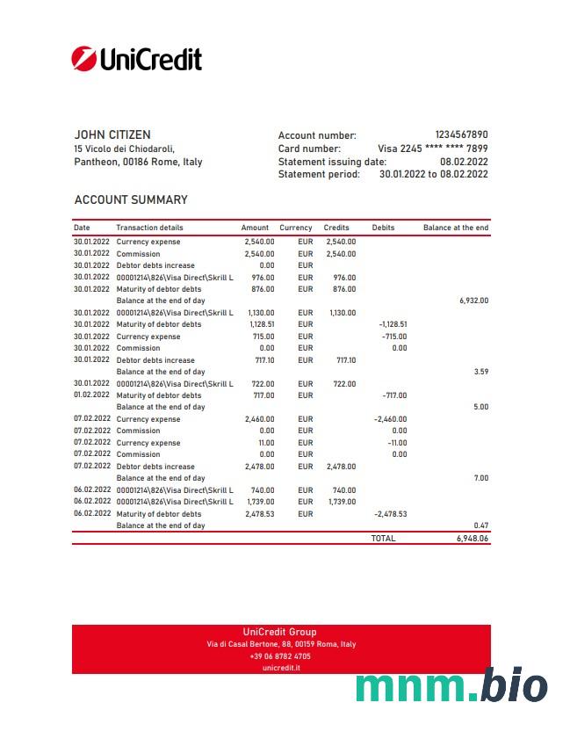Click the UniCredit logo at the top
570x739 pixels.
tap(136, 59)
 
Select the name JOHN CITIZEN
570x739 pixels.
tap(112, 134)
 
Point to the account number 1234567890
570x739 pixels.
tap(461, 135)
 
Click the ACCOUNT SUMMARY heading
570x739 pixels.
tap(131, 199)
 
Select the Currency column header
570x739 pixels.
tap(296, 228)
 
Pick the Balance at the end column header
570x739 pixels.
tap(455, 228)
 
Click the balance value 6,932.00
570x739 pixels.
tap(473, 301)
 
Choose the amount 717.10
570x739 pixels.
tap(261, 360)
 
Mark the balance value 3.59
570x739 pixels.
tap(480, 372)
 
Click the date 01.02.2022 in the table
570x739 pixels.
tap(92, 395)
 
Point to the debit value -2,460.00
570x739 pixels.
tap(390, 419)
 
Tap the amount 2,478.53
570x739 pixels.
tap(259, 514)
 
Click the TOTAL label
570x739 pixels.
tap(383, 538)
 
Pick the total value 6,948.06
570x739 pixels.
tap(472, 538)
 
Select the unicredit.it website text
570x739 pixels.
tap(281, 668)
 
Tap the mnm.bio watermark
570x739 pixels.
tap(451, 686)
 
